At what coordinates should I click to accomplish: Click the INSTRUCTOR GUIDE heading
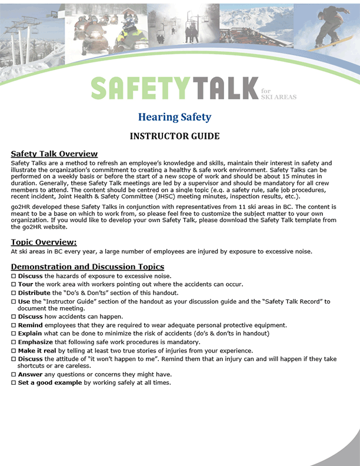[175, 137]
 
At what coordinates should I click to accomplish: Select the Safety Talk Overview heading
[54, 154]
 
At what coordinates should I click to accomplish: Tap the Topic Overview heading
[44, 242]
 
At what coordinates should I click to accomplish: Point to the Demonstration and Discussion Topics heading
[88, 267]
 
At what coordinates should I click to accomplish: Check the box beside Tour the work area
[14, 284]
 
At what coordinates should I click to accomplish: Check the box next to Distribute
[14, 293]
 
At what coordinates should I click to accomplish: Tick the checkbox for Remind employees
[14, 325]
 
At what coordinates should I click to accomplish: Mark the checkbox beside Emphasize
[14, 342]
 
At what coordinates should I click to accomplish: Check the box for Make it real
[14, 350]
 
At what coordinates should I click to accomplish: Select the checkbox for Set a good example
[14, 382]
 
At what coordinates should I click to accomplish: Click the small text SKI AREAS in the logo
[278, 96]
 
